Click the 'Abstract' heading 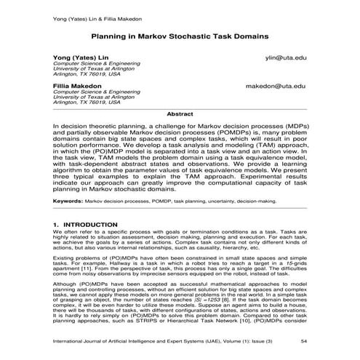(x=180, y=114)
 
